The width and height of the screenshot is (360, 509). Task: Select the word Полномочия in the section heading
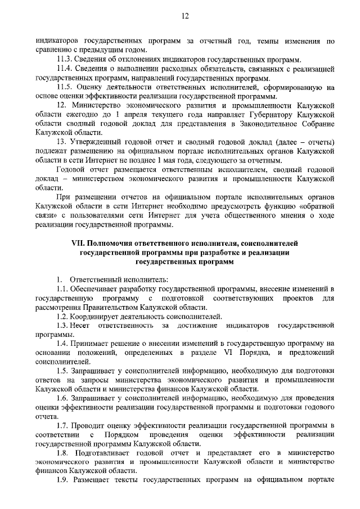coord(114,243)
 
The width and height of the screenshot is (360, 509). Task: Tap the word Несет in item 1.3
coord(83,325)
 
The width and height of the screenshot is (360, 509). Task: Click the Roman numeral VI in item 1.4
coord(230,353)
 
